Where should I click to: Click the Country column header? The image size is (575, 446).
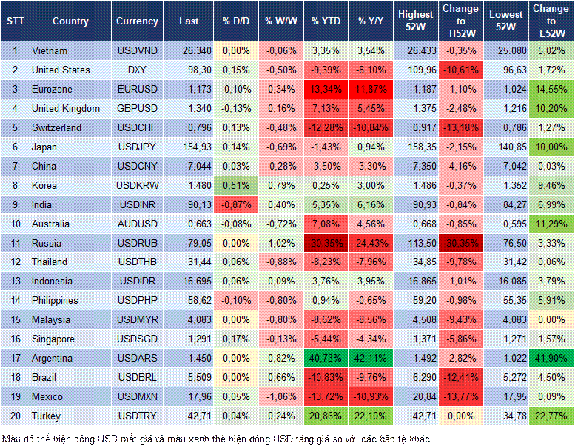point(70,21)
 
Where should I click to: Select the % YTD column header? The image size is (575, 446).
point(326,21)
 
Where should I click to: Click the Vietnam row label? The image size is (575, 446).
point(50,50)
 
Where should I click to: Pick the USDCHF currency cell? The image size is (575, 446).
point(137,127)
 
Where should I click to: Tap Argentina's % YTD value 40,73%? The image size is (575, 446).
point(326,358)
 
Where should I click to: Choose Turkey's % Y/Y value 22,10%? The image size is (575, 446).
point(372,416)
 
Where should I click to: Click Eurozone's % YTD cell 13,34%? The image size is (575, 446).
point(326,89)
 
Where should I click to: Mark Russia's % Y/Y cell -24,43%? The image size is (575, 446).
point(372,243)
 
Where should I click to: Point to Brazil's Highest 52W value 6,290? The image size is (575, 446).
point(416,377)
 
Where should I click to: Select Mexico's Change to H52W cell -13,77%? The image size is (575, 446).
point(461,396)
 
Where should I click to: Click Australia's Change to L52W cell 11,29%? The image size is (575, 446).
point(552,224)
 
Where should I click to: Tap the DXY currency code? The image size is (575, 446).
point(137,70)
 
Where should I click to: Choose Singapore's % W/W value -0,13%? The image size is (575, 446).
point(280,339)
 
